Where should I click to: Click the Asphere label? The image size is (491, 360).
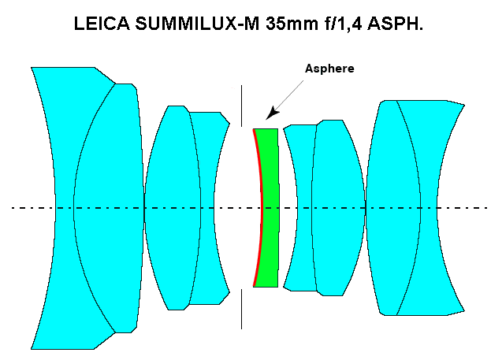click(329, 69)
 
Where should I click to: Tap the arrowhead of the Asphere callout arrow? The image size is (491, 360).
click(270, 117)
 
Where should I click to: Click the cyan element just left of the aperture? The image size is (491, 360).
click(208, 158)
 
